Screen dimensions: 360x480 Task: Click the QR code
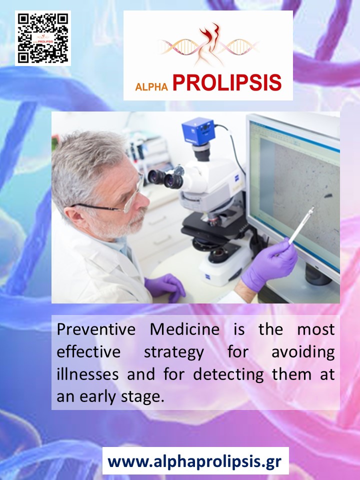(43, 38)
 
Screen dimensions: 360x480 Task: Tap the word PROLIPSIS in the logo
(227, 82)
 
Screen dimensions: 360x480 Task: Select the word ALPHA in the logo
(151, 86)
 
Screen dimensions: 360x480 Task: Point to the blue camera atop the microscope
(198, 131)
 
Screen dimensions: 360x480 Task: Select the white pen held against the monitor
(301, 225)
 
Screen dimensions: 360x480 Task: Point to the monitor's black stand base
(318, 275)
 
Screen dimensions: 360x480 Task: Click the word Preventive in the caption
(96, 329)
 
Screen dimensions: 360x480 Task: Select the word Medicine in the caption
(184, 329)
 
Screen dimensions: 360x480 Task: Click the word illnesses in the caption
(87, 374)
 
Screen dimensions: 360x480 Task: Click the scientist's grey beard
(122, 227)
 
